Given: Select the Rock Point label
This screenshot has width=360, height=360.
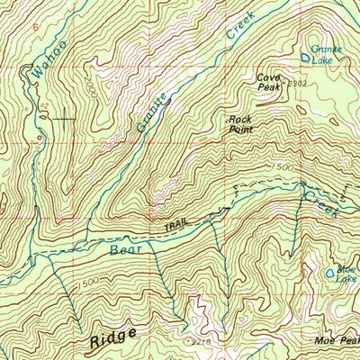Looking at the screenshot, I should (239, 124).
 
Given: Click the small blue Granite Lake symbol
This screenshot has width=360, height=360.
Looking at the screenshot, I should (306, 58).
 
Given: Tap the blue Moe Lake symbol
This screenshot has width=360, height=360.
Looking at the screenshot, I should (330, 270).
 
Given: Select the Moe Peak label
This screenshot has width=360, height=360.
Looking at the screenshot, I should (339, 341).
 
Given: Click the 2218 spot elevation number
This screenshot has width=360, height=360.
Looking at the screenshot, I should (200, 343).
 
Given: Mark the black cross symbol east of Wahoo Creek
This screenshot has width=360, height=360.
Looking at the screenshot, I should (62, 117).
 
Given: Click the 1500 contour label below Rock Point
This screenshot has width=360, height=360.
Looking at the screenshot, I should (284, 167).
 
